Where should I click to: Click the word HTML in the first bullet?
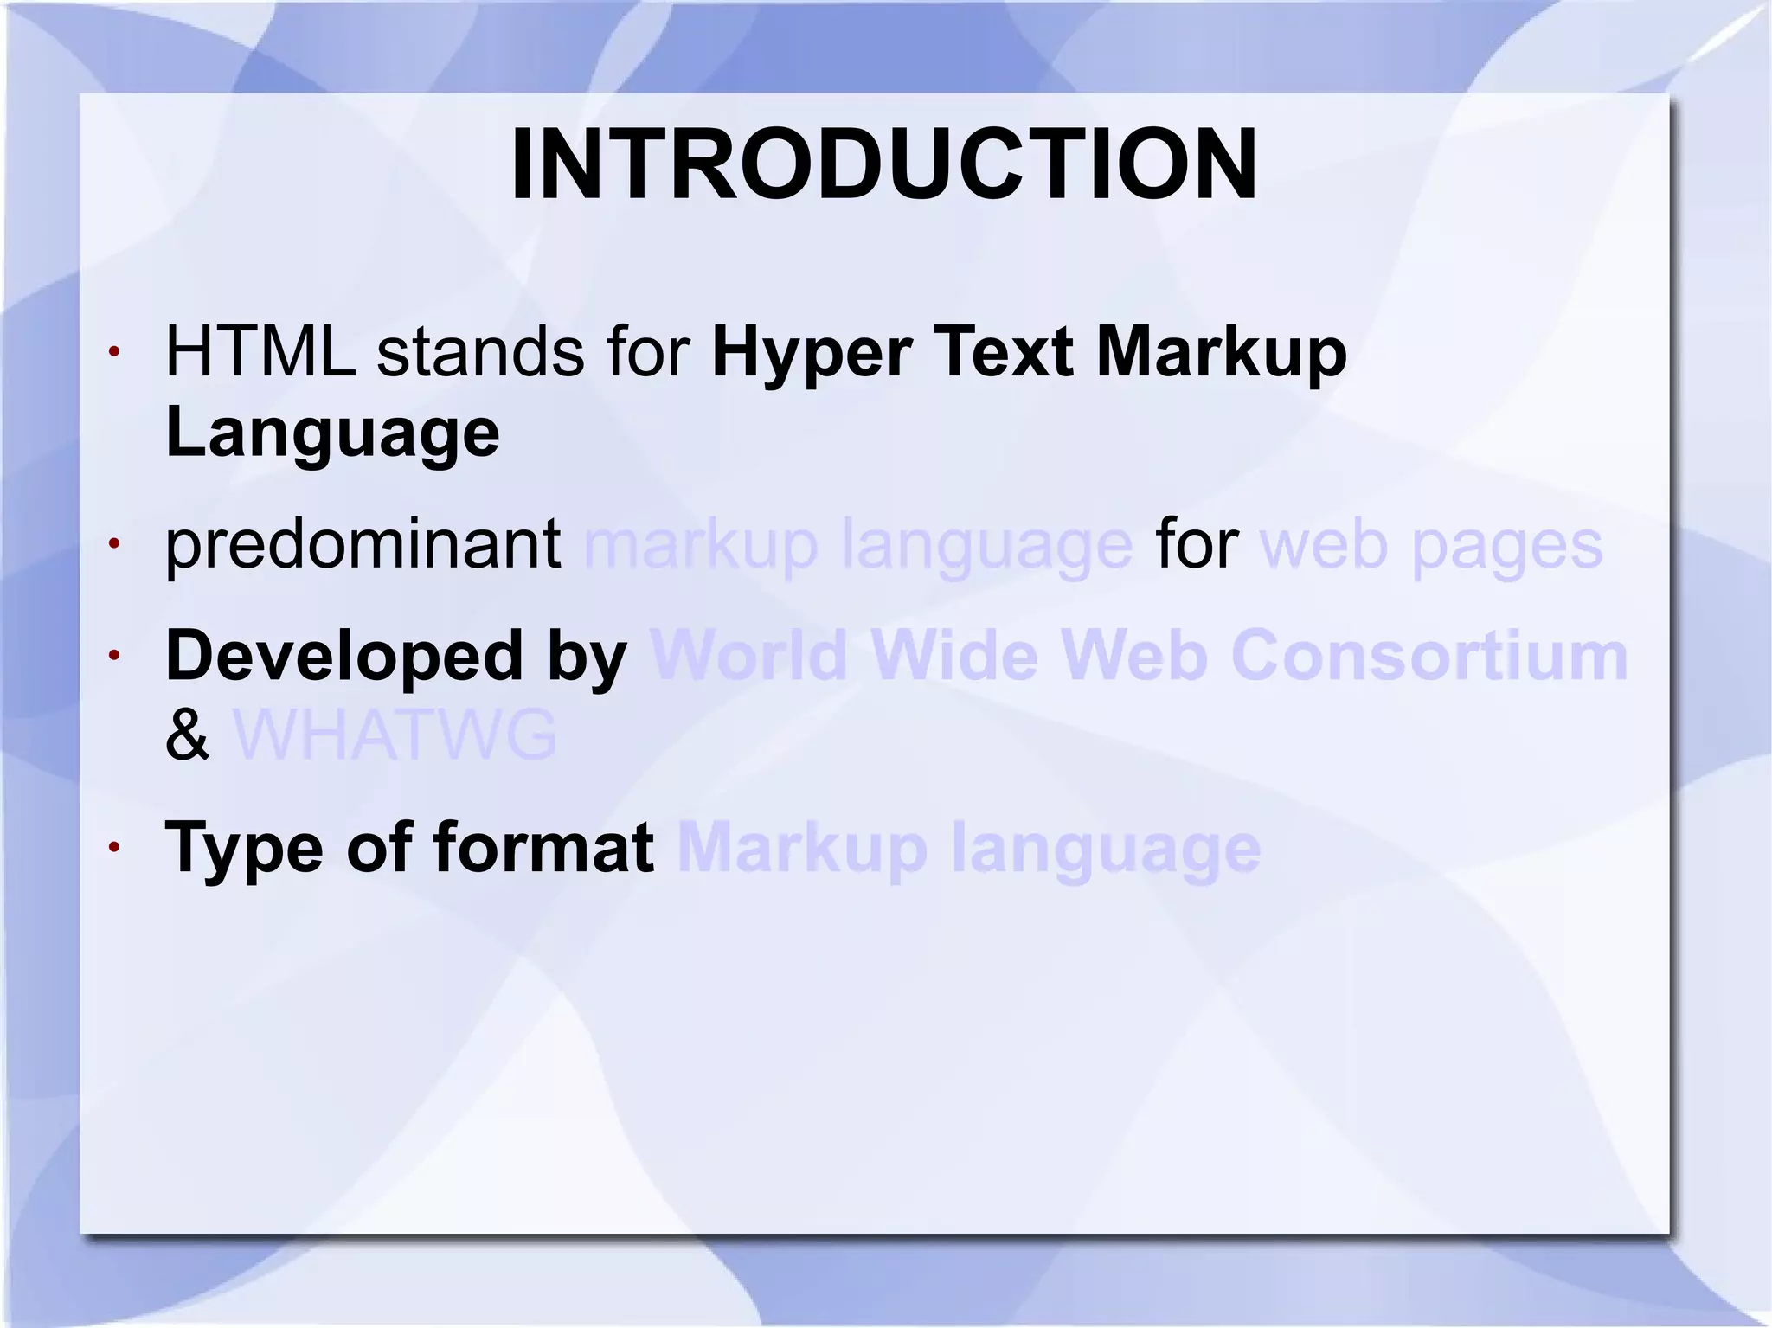260,352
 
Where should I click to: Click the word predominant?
363,545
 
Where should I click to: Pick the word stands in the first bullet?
480,352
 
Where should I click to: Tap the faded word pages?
1507,548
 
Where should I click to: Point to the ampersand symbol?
187,735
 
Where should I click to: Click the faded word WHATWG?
395,735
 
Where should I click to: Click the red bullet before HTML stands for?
113,352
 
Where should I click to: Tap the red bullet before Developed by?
113,656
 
